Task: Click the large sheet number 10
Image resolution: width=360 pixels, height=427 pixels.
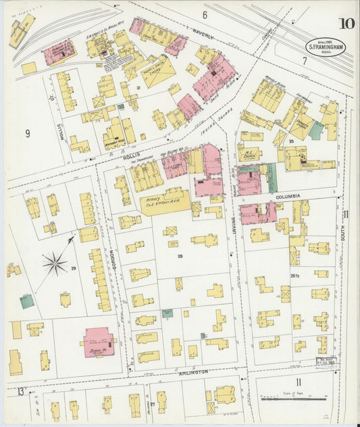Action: pos(346,24)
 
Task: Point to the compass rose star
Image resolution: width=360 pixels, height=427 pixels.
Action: pos(55,263)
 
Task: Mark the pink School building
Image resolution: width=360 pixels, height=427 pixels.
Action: pos(98,342)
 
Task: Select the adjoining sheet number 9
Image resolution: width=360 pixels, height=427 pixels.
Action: pos(28,133)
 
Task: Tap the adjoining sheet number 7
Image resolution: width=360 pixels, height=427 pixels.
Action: pos(305,61)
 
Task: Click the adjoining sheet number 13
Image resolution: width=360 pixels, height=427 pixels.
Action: pos(22,391)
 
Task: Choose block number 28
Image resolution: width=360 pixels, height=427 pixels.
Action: pos(180,256)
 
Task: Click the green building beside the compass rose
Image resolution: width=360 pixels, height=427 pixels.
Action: pos(26,301)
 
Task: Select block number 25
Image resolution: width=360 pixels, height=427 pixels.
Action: pos(290,141)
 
